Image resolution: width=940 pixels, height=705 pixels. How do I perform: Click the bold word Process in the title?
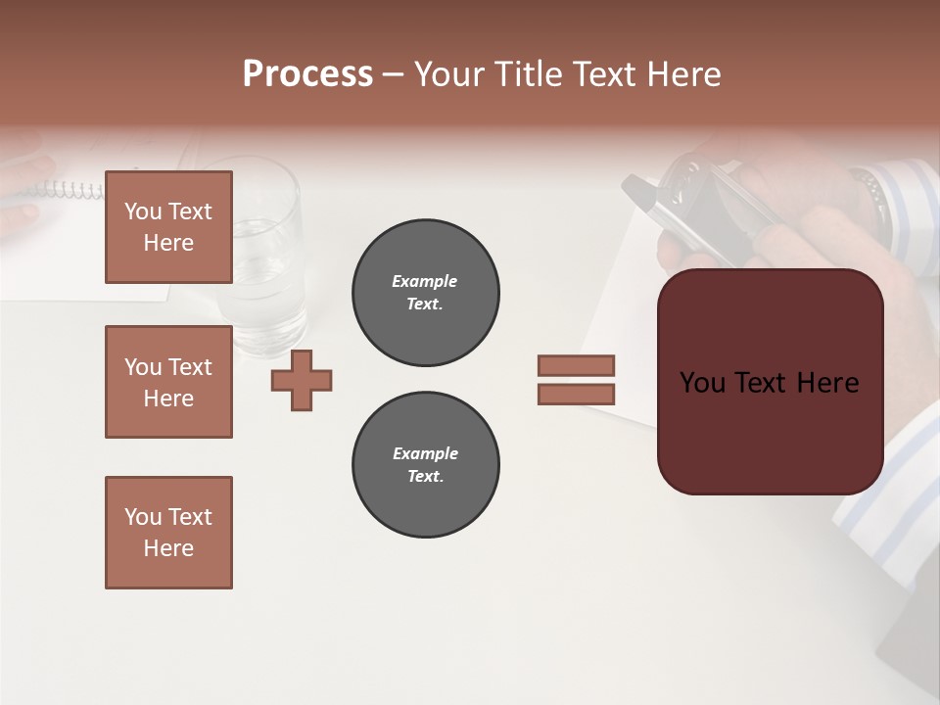point(307,74)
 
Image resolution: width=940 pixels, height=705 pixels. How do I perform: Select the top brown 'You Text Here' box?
point(168,227)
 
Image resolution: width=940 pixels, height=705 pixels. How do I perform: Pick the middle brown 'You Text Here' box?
point(168,382)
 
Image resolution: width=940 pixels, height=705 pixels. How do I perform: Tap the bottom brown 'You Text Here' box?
point(168,533)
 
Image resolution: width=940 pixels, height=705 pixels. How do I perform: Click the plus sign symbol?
point(302,380)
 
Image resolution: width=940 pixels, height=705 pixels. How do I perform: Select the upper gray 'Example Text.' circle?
point(425,293)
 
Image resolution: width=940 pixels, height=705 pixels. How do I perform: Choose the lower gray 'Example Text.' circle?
point(425,465)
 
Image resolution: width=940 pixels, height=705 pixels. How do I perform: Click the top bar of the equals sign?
point(576,365)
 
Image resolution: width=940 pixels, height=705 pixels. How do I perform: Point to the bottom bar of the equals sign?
point(576,394)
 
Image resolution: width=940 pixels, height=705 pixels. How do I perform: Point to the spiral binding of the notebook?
point(69,190)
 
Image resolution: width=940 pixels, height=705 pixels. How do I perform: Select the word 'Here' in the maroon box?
point(827,383)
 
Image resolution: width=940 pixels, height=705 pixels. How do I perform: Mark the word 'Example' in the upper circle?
point(425,281)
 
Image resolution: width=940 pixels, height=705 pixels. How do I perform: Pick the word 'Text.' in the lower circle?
point(425,477)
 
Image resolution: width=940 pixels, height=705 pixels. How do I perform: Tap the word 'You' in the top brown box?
point(143,211)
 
